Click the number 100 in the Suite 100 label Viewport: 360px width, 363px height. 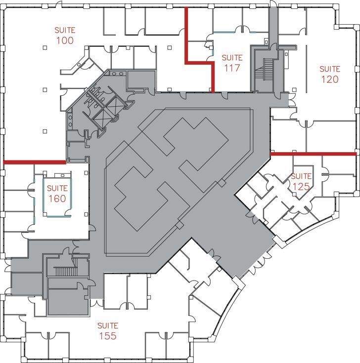point(65,40)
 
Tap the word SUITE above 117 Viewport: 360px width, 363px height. point(232,58)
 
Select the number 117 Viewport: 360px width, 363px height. point(232,68)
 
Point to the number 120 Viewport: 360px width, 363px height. point(329,79)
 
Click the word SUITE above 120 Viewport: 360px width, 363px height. point(329,69)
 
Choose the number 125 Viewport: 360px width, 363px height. point(301,186)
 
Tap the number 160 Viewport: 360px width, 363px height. point(57,198)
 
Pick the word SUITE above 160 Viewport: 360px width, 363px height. point(57,188)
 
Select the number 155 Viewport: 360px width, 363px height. point(107,336)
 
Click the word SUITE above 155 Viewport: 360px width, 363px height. point(107,326)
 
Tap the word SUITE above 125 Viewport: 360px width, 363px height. point(301,176)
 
